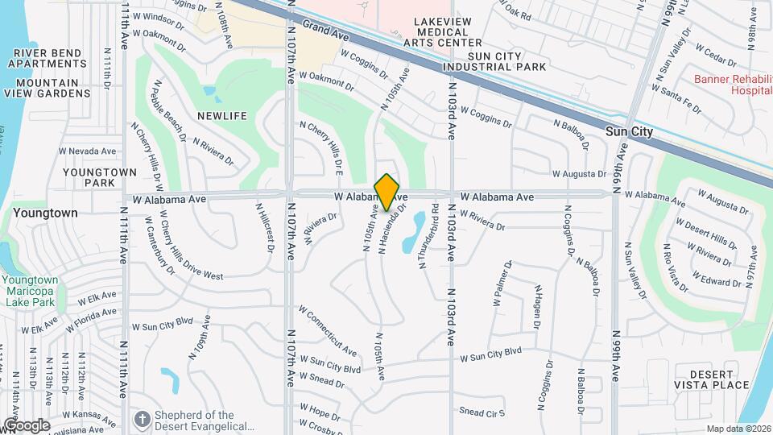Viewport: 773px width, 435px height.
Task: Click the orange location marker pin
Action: coord(387,191)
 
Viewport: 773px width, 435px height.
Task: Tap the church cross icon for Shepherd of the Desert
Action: coord(143,420)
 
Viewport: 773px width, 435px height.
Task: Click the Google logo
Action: coord(26,425)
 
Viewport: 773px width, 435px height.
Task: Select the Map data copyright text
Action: coord(738,429)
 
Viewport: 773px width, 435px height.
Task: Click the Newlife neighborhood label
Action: coord(223,116)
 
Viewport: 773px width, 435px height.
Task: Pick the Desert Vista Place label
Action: coord(709,379)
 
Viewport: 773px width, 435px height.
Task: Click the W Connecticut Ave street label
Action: coord(328,330)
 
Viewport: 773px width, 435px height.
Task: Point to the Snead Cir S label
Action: coord(482,412)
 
